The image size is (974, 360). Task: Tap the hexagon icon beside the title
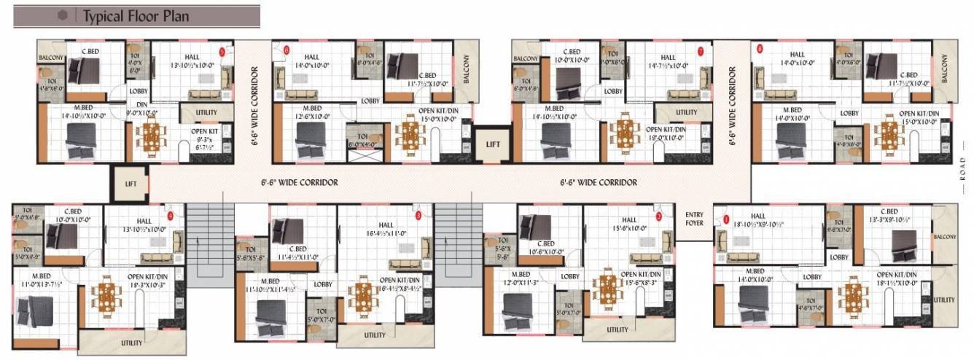pos(63,15)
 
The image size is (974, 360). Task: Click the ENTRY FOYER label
pos(694,219)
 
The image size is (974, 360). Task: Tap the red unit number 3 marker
pos(418,216)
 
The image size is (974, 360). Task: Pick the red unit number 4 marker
pos(171,216)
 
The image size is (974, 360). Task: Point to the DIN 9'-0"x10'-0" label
pos(143,109)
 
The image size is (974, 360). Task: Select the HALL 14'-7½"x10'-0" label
pos(668,62)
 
